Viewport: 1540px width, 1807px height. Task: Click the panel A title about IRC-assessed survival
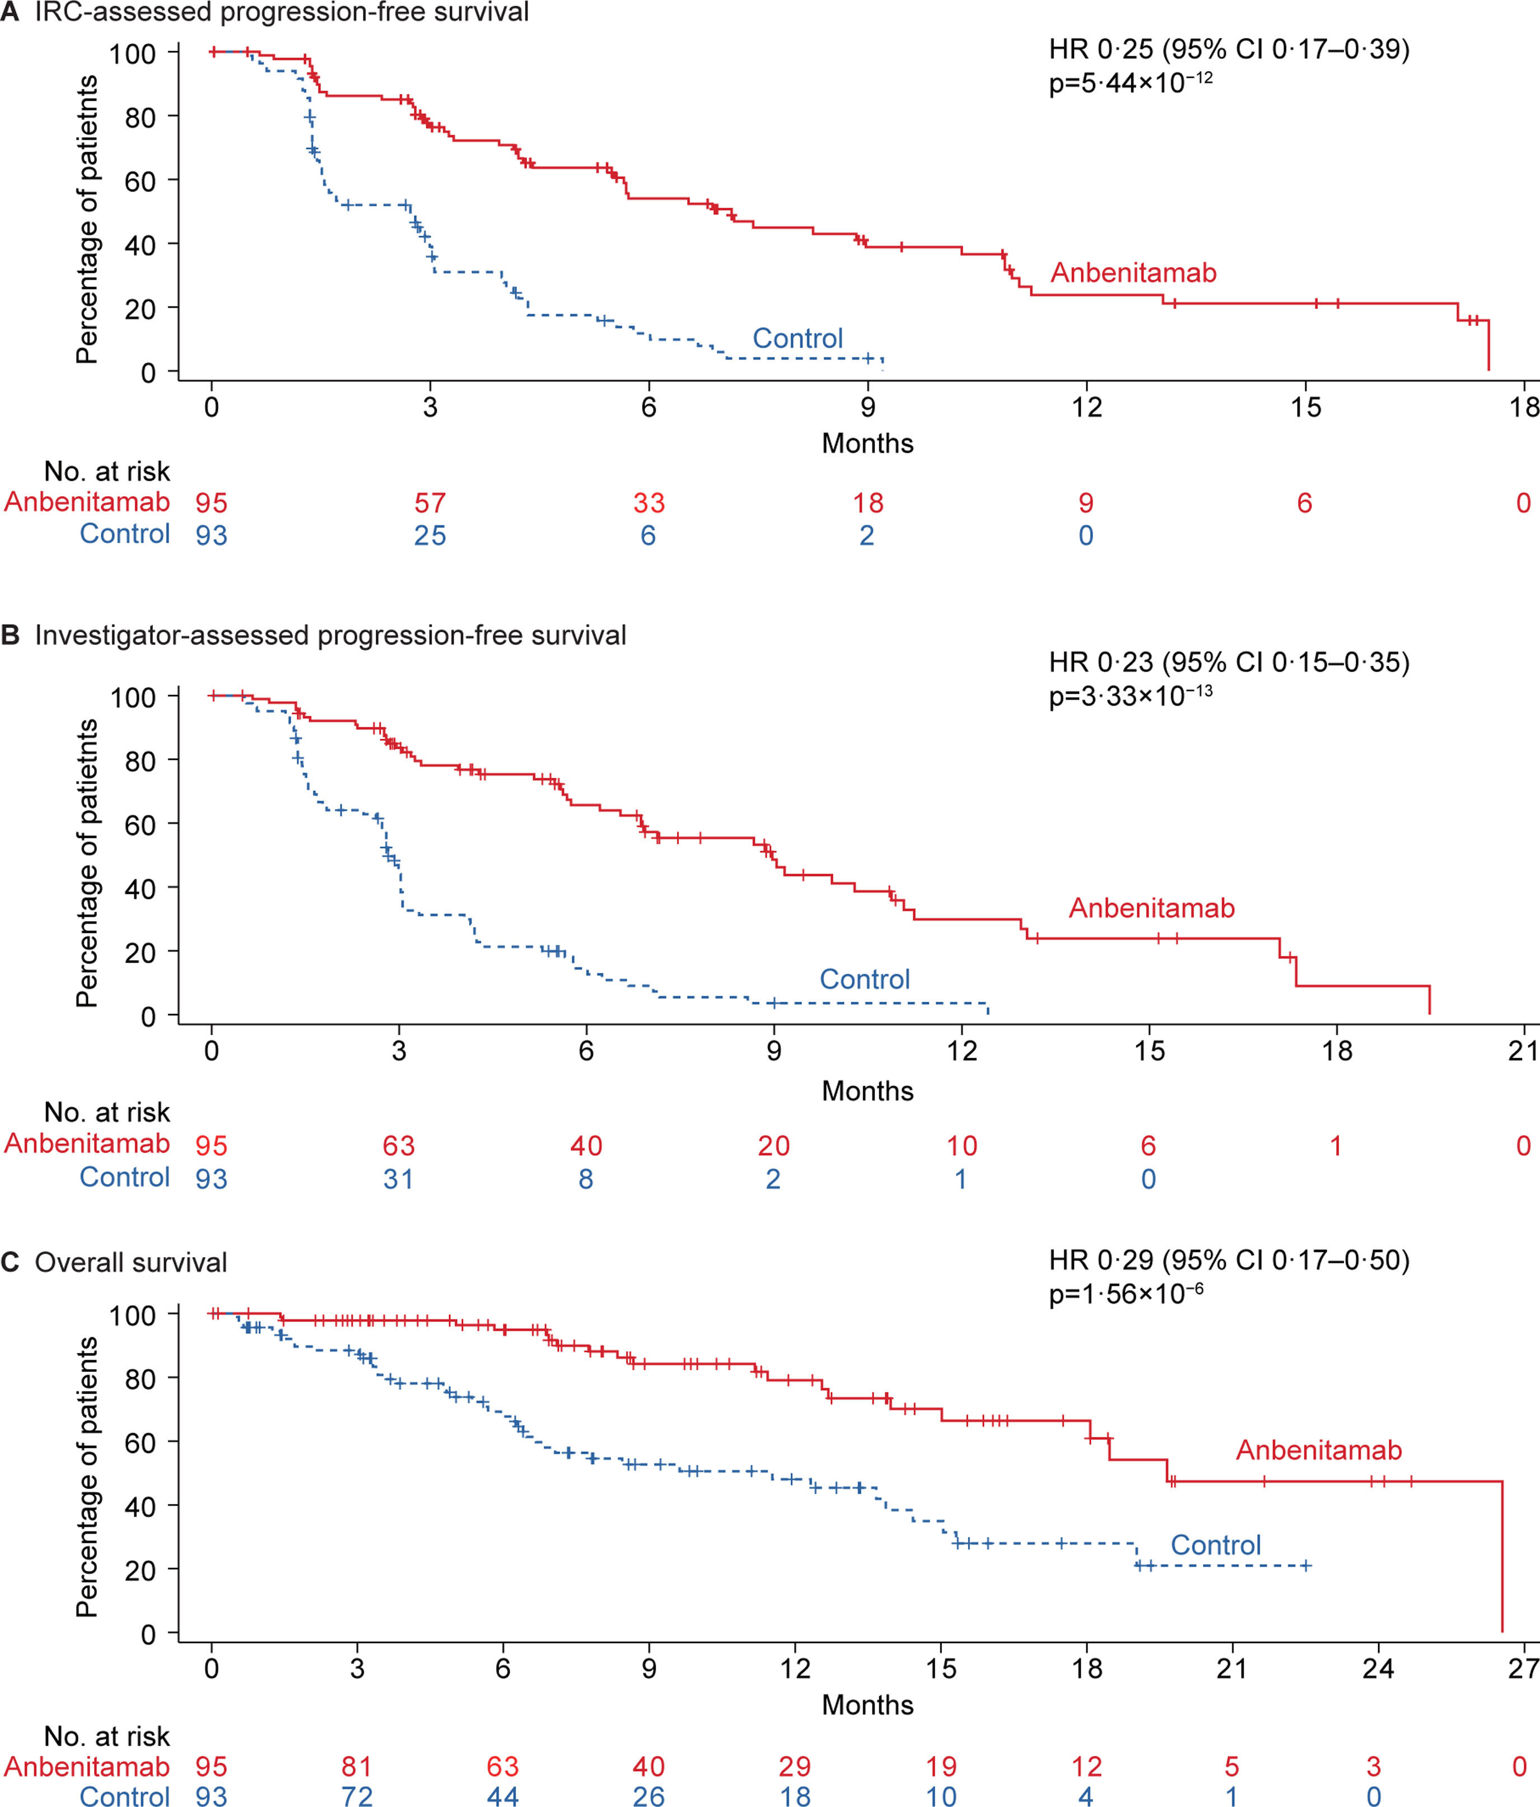pyautogui.click(x=281, y=12)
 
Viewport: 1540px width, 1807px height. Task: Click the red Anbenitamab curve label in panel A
pyautogui.click(x=1133, y=273)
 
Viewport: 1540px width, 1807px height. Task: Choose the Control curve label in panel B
pyautogui.click(x=864, y=979)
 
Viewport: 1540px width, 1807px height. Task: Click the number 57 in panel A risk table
pyautogui.click(x=430, y=503)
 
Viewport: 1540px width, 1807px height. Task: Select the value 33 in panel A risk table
pyautogui.click(x=649, y=503)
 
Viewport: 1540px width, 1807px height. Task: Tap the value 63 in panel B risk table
pyautogui.click(x=399, y=1146)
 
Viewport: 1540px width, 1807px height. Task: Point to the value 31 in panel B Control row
pyautogui.click(x=399, y=1179)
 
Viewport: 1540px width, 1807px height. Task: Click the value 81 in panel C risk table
pyautogui.click(x=357, y=1767)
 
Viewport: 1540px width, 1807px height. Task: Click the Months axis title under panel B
pyautogui.click(x=867, y=1091)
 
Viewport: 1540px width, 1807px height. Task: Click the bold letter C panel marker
pyautogui.click(x=11, y=1263)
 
